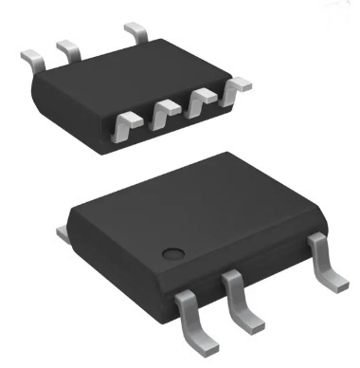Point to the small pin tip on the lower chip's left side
click(x=61, y=229)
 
